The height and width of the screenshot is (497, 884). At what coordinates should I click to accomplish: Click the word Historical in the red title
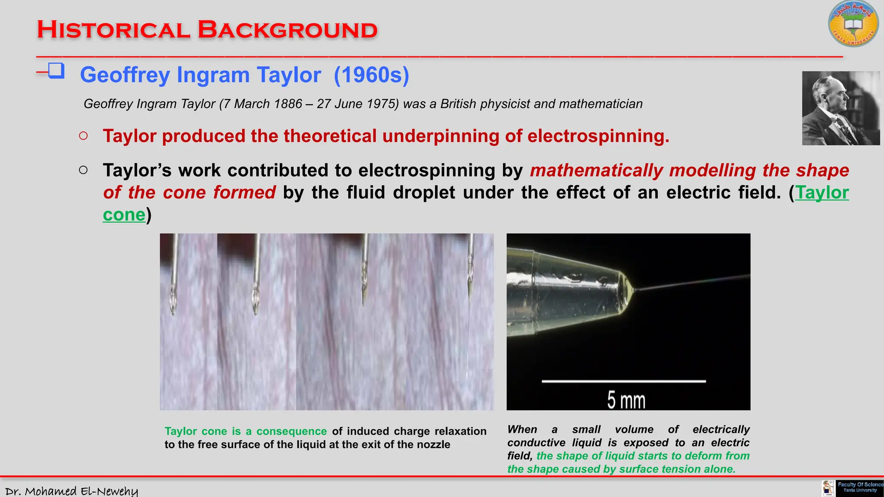113,30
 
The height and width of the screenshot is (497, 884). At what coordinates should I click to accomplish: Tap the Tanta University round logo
853,24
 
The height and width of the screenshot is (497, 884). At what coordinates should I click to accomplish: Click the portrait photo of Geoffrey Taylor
840,108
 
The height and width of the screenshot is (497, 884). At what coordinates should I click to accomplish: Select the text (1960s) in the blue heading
371,75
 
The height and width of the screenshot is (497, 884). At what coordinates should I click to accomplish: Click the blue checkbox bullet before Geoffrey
56,70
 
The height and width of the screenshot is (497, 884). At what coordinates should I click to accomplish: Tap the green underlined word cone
124,215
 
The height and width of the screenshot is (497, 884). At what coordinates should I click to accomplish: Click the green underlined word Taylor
822,193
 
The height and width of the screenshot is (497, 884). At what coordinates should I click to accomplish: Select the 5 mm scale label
626,400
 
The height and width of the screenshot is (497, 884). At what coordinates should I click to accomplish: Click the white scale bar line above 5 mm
624,381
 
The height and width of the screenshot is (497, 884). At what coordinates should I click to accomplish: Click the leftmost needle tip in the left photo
174,308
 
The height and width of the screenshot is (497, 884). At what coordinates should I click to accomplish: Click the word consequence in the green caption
291,431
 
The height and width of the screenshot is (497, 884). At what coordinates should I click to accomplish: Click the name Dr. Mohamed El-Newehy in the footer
72,491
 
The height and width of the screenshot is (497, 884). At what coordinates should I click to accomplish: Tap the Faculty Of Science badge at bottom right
859,488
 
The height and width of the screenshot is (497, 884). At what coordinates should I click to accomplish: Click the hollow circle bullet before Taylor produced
83,136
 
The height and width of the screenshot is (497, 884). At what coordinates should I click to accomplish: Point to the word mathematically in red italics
596,171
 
